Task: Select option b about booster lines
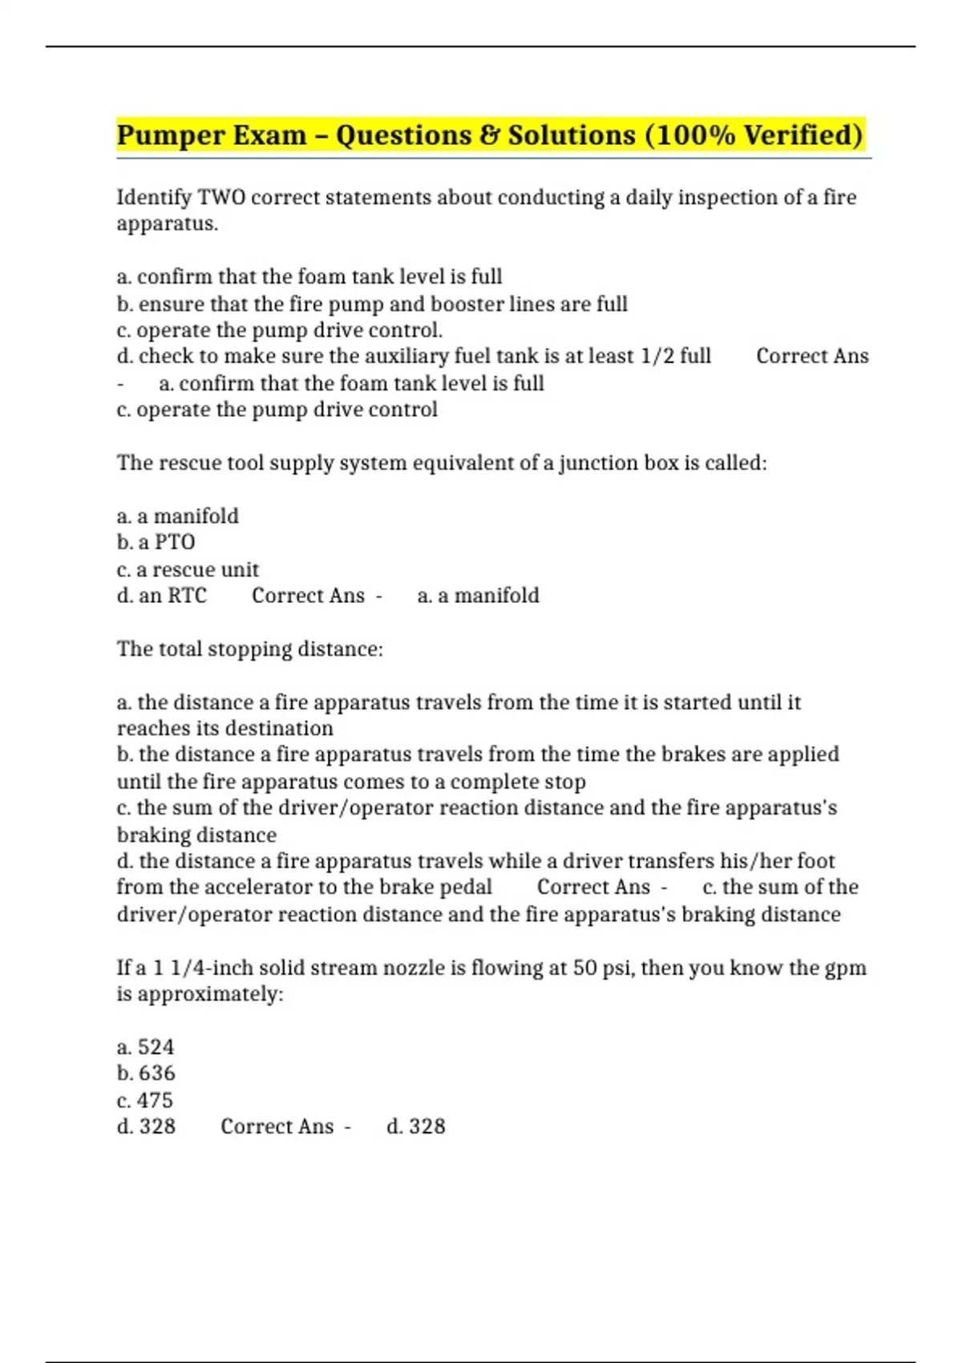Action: coord(372,304)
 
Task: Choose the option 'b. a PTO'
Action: coord(156,542)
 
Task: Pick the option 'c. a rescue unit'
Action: coord(188,569)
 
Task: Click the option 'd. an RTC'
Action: coord(162,596)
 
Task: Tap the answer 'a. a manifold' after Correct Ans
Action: coord(479,596)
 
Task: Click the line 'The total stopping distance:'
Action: coord(250,649)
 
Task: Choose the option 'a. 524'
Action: coord(146,1047)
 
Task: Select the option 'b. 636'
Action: coord(147,1073)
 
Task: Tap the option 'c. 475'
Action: coord(145,1100)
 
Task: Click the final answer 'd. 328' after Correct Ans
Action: coord(416,1126)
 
